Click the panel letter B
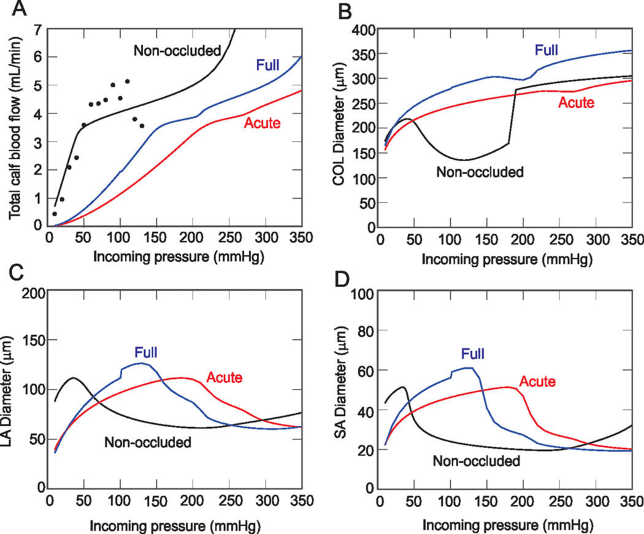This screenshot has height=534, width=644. tap(344, 11)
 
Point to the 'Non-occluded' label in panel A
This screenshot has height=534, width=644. tap(178, 50)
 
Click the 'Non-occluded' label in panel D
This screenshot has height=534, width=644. tap(476, 461)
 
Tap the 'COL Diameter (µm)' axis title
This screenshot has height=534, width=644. tap(344, 128)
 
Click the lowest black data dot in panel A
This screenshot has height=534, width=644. tap(54, 214)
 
